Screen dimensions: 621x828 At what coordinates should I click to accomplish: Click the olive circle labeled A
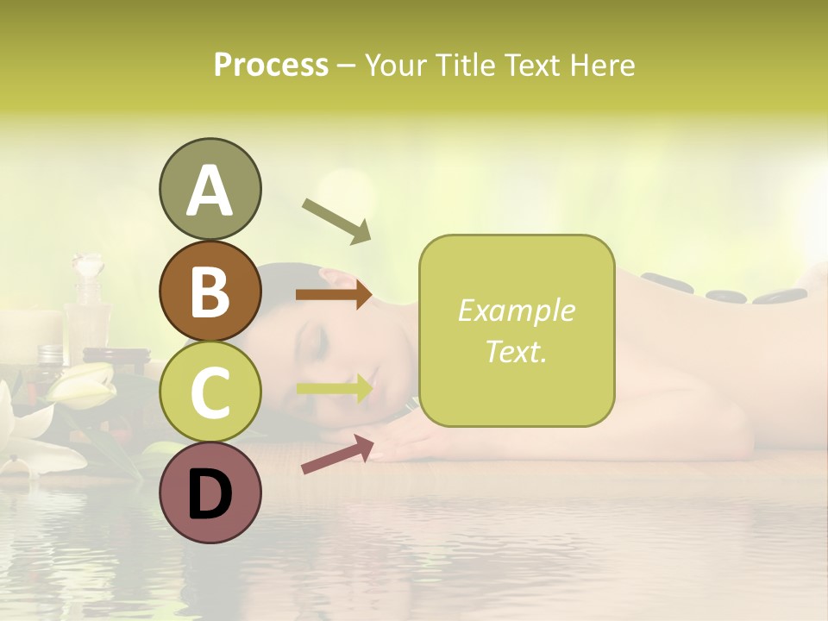pyautogui.click(x=210, y=189)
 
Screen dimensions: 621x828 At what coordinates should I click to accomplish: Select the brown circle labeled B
pyautogui.click(x=210, y=291)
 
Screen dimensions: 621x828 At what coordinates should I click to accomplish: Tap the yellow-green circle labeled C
pyautogui.click(x=210, y=392)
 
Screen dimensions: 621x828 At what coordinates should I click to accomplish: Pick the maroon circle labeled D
pyautogui.click(x=210, y=492)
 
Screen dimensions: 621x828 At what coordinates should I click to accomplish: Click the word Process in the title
pyautogui.click(x=271, y=66)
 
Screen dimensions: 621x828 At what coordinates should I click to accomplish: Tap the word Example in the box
pyautogui.click(x=516, y=310)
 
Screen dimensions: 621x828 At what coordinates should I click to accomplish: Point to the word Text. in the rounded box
pyautogui.click(x=516, y=351)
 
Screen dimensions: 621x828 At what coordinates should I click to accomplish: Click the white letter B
pyautogui.click(x=210, y=291)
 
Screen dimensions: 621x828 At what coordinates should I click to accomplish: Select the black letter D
pyautogui.click(x=210, y=494)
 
